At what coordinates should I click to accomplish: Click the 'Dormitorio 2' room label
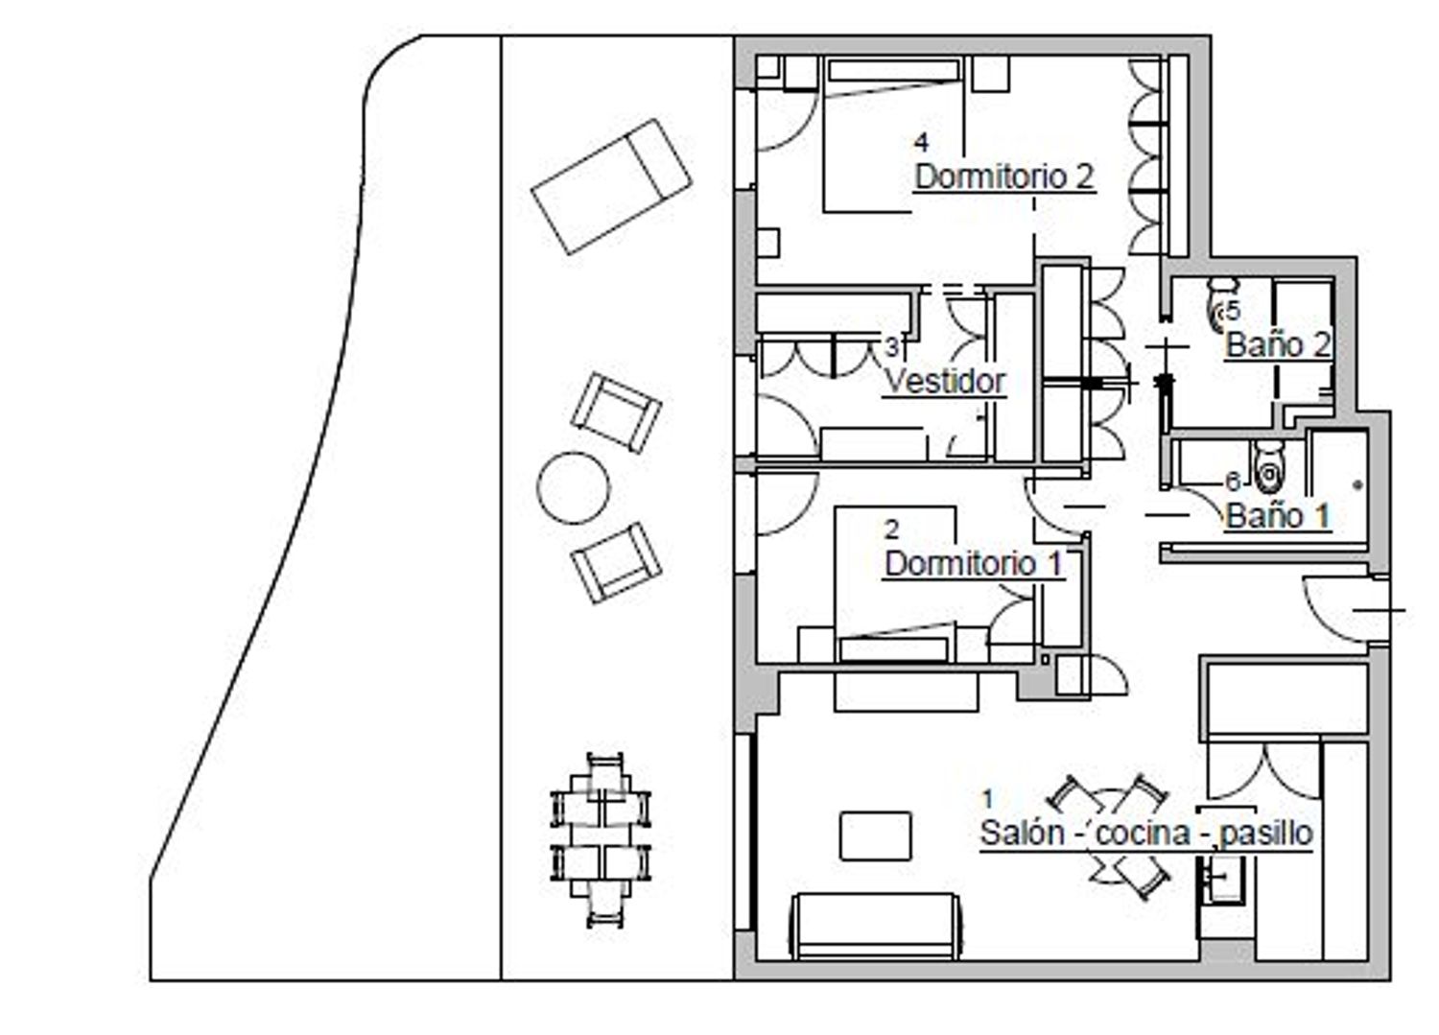click(1004, 177)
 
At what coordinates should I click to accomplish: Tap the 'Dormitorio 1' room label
click(974, 564)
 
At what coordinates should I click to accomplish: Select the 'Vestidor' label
click(944, 381)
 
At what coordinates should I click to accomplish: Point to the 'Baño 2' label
click(1278, 344)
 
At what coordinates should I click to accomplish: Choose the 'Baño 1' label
click(1278, 516)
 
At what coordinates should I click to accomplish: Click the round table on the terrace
click(573, 487)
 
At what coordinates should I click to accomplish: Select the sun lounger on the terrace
click(611, 186)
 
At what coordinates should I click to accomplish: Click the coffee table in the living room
click(875, 835)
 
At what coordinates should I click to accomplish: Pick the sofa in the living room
click(876, 926)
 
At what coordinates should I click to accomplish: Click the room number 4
click(921, 143)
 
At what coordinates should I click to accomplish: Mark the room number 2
click(891, 529)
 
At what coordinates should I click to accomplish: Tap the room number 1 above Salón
click(988, 799)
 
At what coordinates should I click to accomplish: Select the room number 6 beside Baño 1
click(1232, 482)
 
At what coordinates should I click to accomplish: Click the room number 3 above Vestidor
click(892, 347)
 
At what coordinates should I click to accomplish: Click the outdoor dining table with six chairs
click(600, 840)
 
